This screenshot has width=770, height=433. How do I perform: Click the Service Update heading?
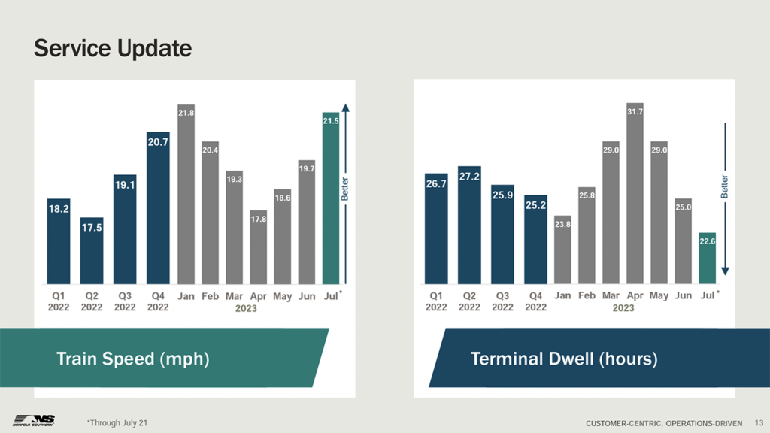[113, 49]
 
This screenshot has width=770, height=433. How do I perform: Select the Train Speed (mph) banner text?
[132, 359]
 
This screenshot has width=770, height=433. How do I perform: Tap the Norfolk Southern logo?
[34, 420]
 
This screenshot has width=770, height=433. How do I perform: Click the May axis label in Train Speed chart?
[282, 297]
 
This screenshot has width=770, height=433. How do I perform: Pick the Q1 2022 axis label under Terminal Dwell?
[436, 301]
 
